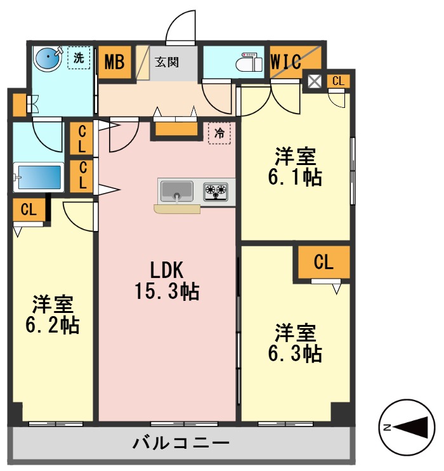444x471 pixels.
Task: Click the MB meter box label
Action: coord(115,62)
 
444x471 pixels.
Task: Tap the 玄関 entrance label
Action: coord(167,62)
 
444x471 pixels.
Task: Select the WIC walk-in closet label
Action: coord(285,63)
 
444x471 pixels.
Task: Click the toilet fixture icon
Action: coord(249,63)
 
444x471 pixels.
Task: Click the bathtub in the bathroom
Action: coord(39,178)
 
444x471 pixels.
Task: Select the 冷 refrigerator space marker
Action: coord(219,133)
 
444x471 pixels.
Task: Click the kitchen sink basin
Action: coord(177,190)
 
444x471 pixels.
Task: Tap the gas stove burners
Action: coord(216,190)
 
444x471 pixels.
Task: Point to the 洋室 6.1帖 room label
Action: coord(295,166)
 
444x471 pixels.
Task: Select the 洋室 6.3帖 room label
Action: coord(295,342)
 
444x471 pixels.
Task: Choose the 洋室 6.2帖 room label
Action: coord(53,314)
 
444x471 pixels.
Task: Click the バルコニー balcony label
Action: coord(181,442)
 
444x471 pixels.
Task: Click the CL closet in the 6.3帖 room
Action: coord(323,263)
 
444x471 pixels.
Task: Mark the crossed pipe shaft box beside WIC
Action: coord(314,81)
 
